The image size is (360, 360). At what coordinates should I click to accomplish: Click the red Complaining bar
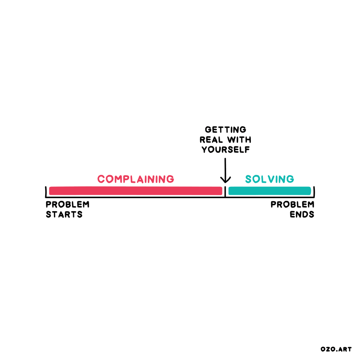click(135, 191)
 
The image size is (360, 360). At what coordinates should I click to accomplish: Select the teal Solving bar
click(270, 191)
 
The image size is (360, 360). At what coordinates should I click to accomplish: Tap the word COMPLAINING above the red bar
click(136, 179)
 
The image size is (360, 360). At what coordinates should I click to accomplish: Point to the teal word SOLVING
click(270, 179)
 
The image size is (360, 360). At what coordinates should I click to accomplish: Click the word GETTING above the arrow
click(226, 130)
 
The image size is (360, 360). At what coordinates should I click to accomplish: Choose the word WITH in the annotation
click(240, 140)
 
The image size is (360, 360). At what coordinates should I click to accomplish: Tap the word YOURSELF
click(226, 150)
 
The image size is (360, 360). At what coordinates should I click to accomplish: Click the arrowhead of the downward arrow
click(226, 180)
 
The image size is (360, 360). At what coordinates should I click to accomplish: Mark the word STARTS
click(64, 214)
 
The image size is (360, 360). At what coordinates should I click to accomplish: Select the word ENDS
click(302, 214)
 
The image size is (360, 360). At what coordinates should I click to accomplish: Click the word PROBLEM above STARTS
click(68, 204)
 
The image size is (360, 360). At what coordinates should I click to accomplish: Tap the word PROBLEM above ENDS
click(292, 204)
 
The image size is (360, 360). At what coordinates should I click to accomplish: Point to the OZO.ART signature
click(336, 349)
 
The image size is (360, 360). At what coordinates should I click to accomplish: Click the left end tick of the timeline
click(46, 191)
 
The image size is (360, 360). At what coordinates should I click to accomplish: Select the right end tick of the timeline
click(314, 191)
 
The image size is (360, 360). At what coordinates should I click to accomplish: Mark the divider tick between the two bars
click(225, 191)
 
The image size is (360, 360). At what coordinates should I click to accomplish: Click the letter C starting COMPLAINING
click(101, 179)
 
